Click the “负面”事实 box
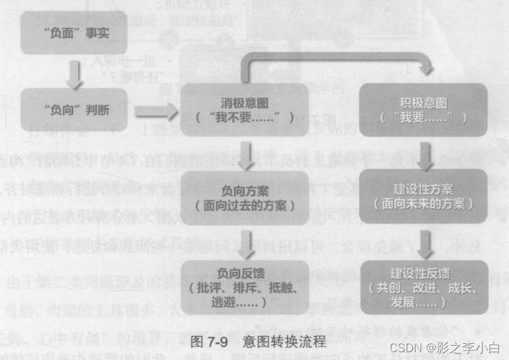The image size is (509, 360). pos(73,32)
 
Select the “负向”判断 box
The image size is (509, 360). pos(73,111)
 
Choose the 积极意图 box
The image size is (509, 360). pos(423,110)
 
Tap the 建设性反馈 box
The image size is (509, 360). pos(423,285)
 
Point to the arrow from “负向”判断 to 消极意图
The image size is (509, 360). pos(155,111)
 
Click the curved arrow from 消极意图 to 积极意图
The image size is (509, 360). pos(334,60)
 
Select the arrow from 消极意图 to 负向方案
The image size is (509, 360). pos(246,154)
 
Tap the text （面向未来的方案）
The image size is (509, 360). pos(423,203)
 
